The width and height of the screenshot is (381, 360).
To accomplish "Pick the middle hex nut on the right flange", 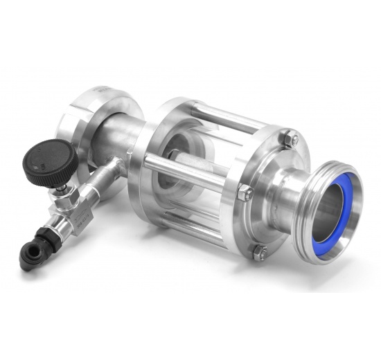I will (243, 193).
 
